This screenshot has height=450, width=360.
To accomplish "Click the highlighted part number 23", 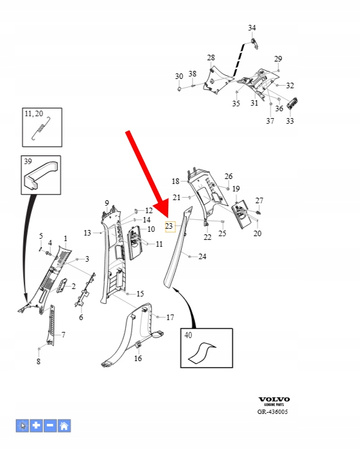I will pos(169,227).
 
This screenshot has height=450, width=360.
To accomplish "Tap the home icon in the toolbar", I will pos(65,425).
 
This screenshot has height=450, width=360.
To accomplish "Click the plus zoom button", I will pos(37,425).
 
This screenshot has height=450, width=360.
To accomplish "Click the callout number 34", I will pos(252,28).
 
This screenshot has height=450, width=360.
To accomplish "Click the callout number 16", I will pos(138,358).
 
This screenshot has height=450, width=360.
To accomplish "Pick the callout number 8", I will pos(38,362).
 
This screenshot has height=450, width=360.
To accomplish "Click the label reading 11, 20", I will pos(35,117).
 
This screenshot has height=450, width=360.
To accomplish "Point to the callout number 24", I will pos(202,257).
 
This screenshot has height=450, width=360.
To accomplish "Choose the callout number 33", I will pos(289,121).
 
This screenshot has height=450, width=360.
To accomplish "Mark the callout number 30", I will pos(179,76).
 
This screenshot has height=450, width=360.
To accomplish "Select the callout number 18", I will pos(175,182).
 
